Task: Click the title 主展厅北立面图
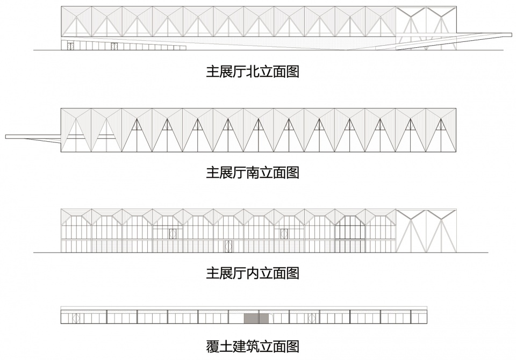[253, 72]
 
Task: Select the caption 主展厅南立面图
[253, 173]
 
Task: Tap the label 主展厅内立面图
[253, 273]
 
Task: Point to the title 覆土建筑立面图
[253, 347]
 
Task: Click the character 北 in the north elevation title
[253, 72]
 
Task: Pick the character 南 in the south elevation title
[253, 173]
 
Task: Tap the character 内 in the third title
[253, 273]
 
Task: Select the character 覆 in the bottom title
[213, 347]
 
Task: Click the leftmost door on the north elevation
[70, 46]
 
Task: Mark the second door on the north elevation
[114, 46]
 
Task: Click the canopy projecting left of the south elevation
[33, 137]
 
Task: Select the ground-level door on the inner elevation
[228, 247]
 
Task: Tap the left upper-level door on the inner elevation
[173, 234]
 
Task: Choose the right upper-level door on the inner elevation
[284, 234]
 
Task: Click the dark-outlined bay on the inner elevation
[350, 234]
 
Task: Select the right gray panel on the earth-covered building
[264, 319]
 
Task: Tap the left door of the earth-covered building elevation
[76, 319]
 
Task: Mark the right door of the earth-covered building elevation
[312, 319]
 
